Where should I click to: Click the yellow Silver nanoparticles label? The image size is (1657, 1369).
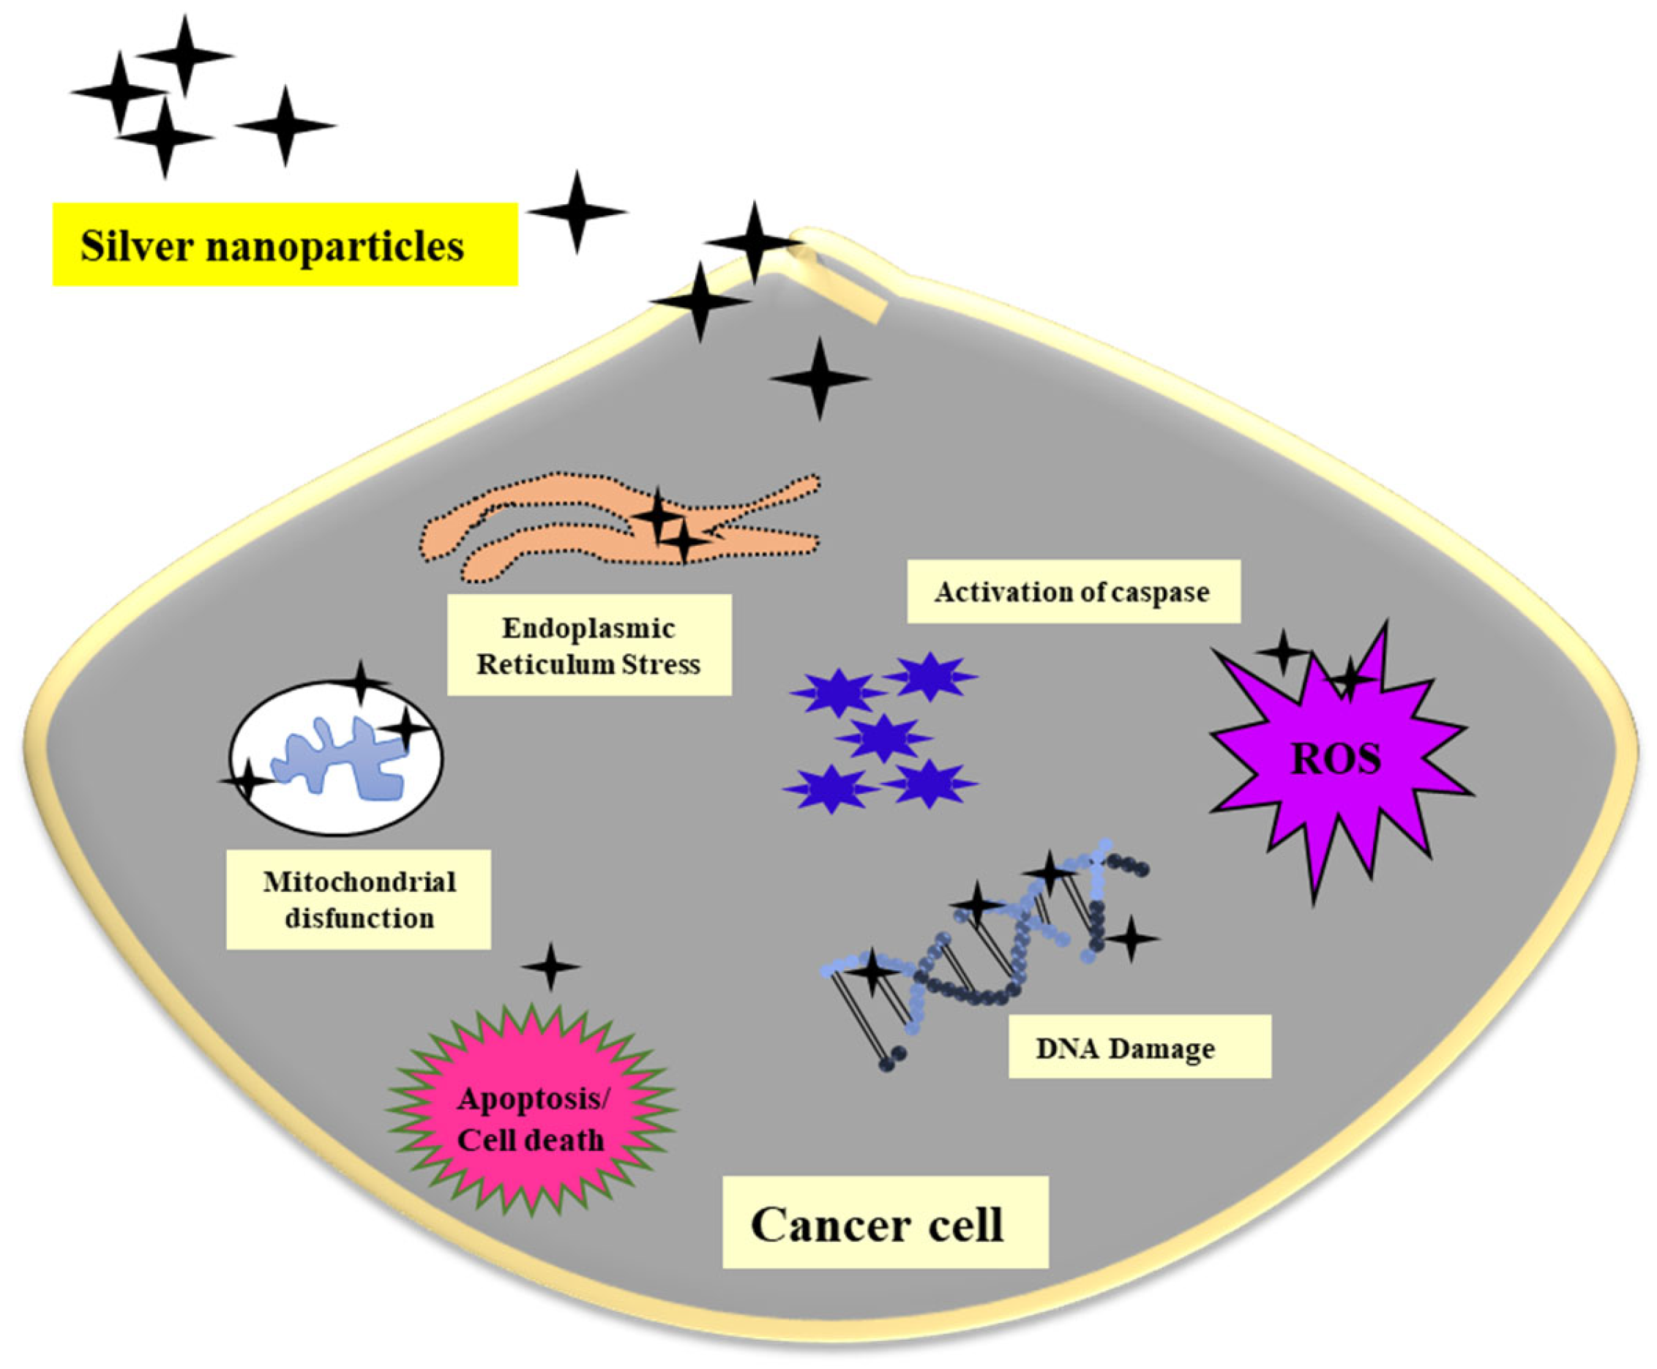tap(284, 244)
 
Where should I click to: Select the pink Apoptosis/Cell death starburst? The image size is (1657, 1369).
tap(531, 1119)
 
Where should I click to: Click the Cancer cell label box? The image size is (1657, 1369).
tap(885, 1225)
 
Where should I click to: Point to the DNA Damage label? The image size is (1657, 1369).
tap(1139, 1049)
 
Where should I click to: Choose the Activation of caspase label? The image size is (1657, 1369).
tap(1073, 591)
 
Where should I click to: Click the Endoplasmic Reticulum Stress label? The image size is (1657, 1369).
tap(588, 646)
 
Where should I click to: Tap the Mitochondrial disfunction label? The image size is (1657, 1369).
tap(359, 900)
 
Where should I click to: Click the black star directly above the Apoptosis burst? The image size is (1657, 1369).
tap(550, 966)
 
